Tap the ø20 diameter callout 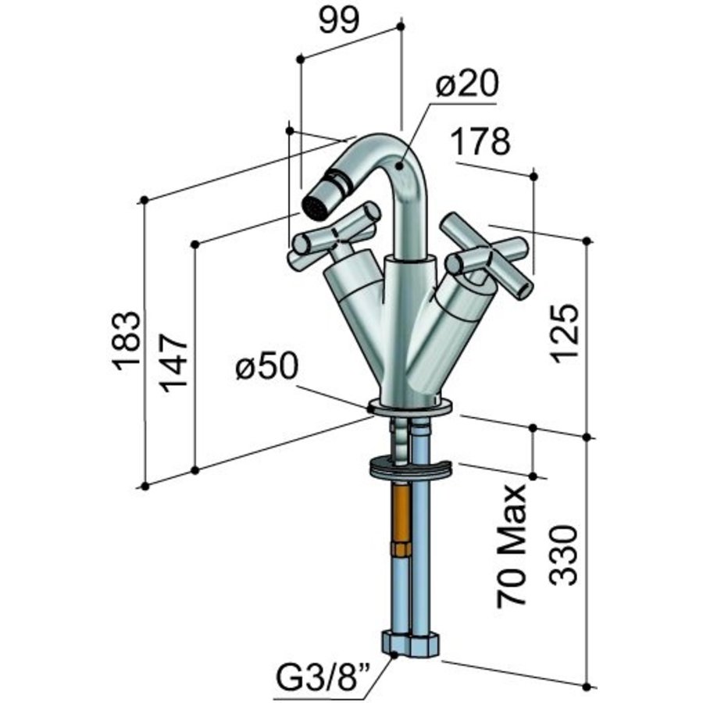coord(466,84)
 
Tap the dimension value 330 coord(565,555)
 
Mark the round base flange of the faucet coord(409,407)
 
